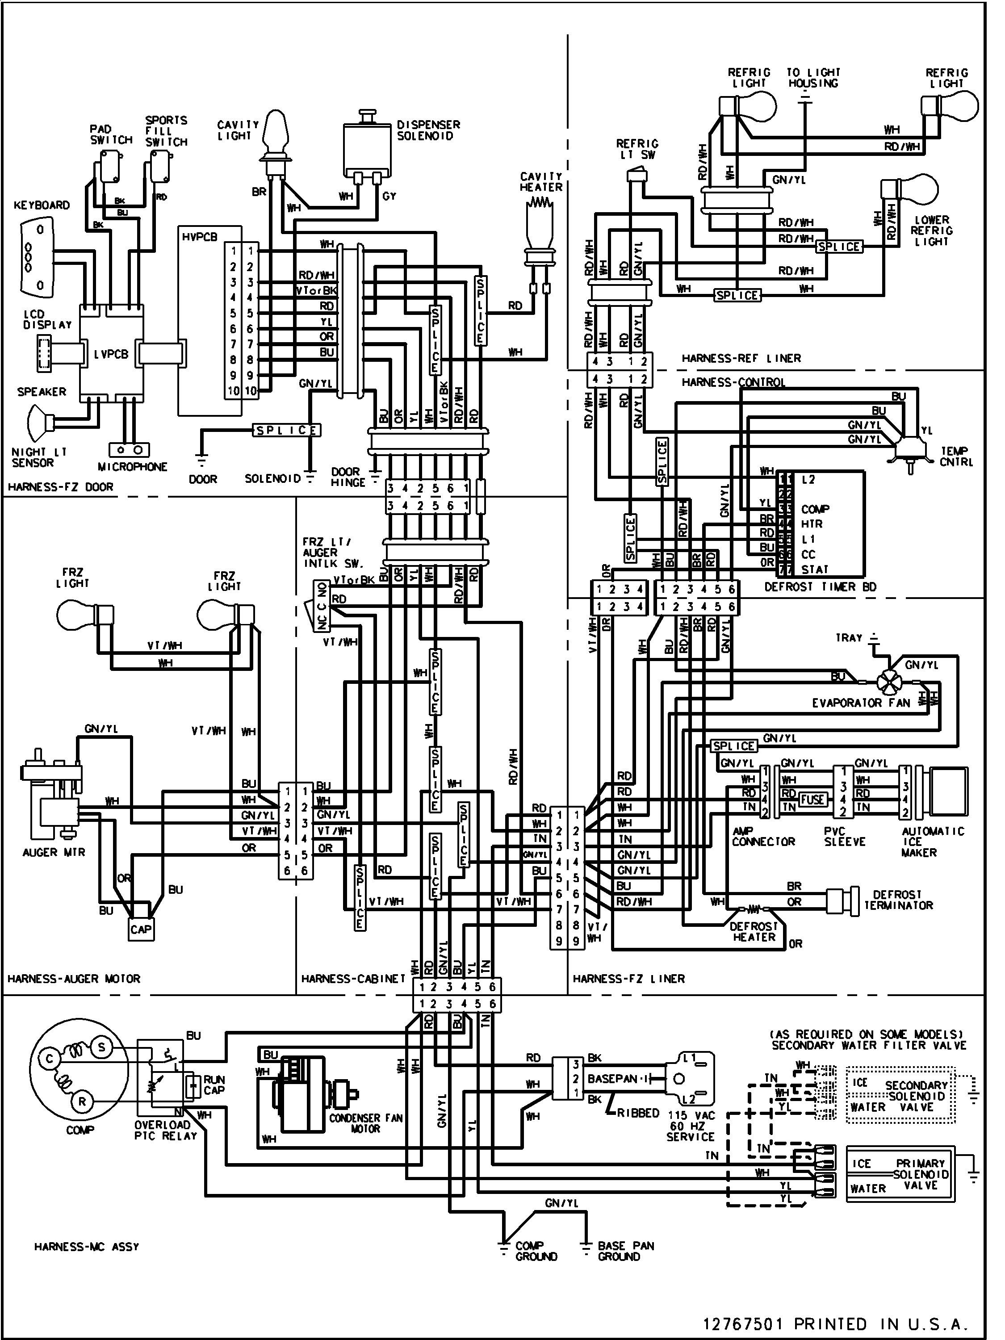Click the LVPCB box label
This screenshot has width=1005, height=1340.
point(112,354)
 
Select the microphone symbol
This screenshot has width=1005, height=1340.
point(129,450)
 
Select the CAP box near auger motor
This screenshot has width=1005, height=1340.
point(141,929)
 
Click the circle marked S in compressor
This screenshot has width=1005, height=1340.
point(101,1047)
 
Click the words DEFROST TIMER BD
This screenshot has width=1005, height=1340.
point(820,586)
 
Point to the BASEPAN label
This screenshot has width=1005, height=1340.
point(612,1079)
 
